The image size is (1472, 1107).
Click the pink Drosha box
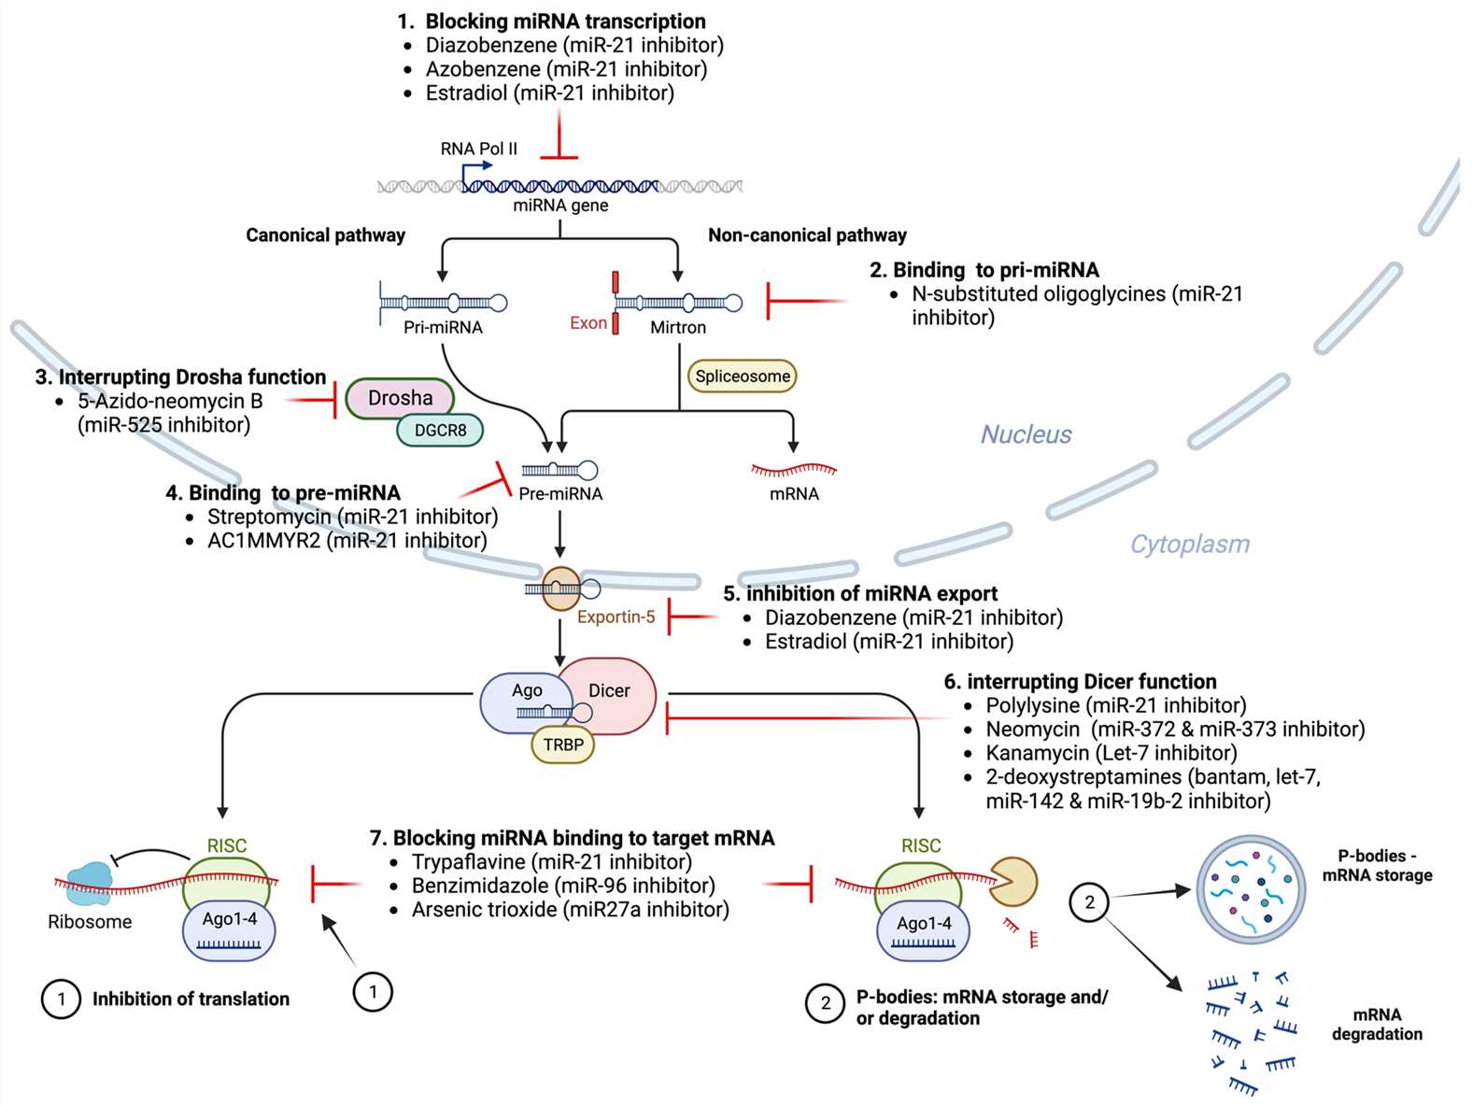coord(400,398)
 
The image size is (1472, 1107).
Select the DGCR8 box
coord(440,430)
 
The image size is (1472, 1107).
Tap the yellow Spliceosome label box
coord(743,376)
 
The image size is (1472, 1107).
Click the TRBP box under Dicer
coord(563,745)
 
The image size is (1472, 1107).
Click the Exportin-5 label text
coord(616,617)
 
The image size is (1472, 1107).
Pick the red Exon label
coord(588,323)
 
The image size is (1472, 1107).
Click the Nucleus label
coord(1026,434)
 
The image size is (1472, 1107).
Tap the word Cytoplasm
coord(1189,544)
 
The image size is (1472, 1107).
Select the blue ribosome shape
coord(89,883)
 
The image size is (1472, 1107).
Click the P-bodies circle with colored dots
coord(1251,889)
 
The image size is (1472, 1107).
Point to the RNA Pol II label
coord(478,149)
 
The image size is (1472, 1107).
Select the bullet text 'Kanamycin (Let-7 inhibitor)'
coord(1111,753)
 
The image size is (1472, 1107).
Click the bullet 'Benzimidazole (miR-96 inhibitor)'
coord(563,886)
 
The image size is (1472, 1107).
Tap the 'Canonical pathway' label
coord(325,235)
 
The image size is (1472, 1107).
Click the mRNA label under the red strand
coord(794,494)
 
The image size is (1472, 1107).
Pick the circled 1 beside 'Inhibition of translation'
coord(61,999)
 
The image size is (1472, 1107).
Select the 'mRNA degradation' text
coord(1377,1024)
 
